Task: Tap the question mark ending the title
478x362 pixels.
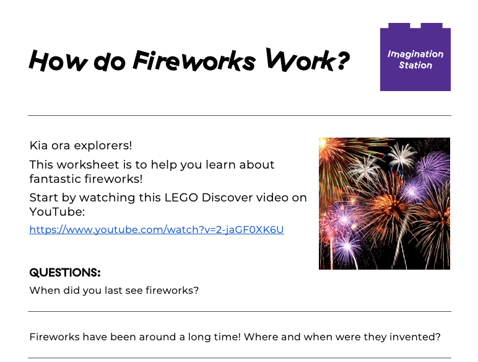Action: click(x=341, y=61)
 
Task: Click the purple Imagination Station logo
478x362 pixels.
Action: click(x=415, y=58)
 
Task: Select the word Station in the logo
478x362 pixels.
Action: click(x=415, y=65)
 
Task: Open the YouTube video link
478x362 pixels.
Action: click(x=156, y=229)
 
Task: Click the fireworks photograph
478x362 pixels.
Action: click(x=384, y=203)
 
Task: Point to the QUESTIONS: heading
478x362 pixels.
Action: click(x=65, y=273)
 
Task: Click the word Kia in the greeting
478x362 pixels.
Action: click(x=38, y=146)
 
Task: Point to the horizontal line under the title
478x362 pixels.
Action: click(x=239, y=115)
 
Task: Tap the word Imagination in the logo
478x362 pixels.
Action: click(x=415, y=54)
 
